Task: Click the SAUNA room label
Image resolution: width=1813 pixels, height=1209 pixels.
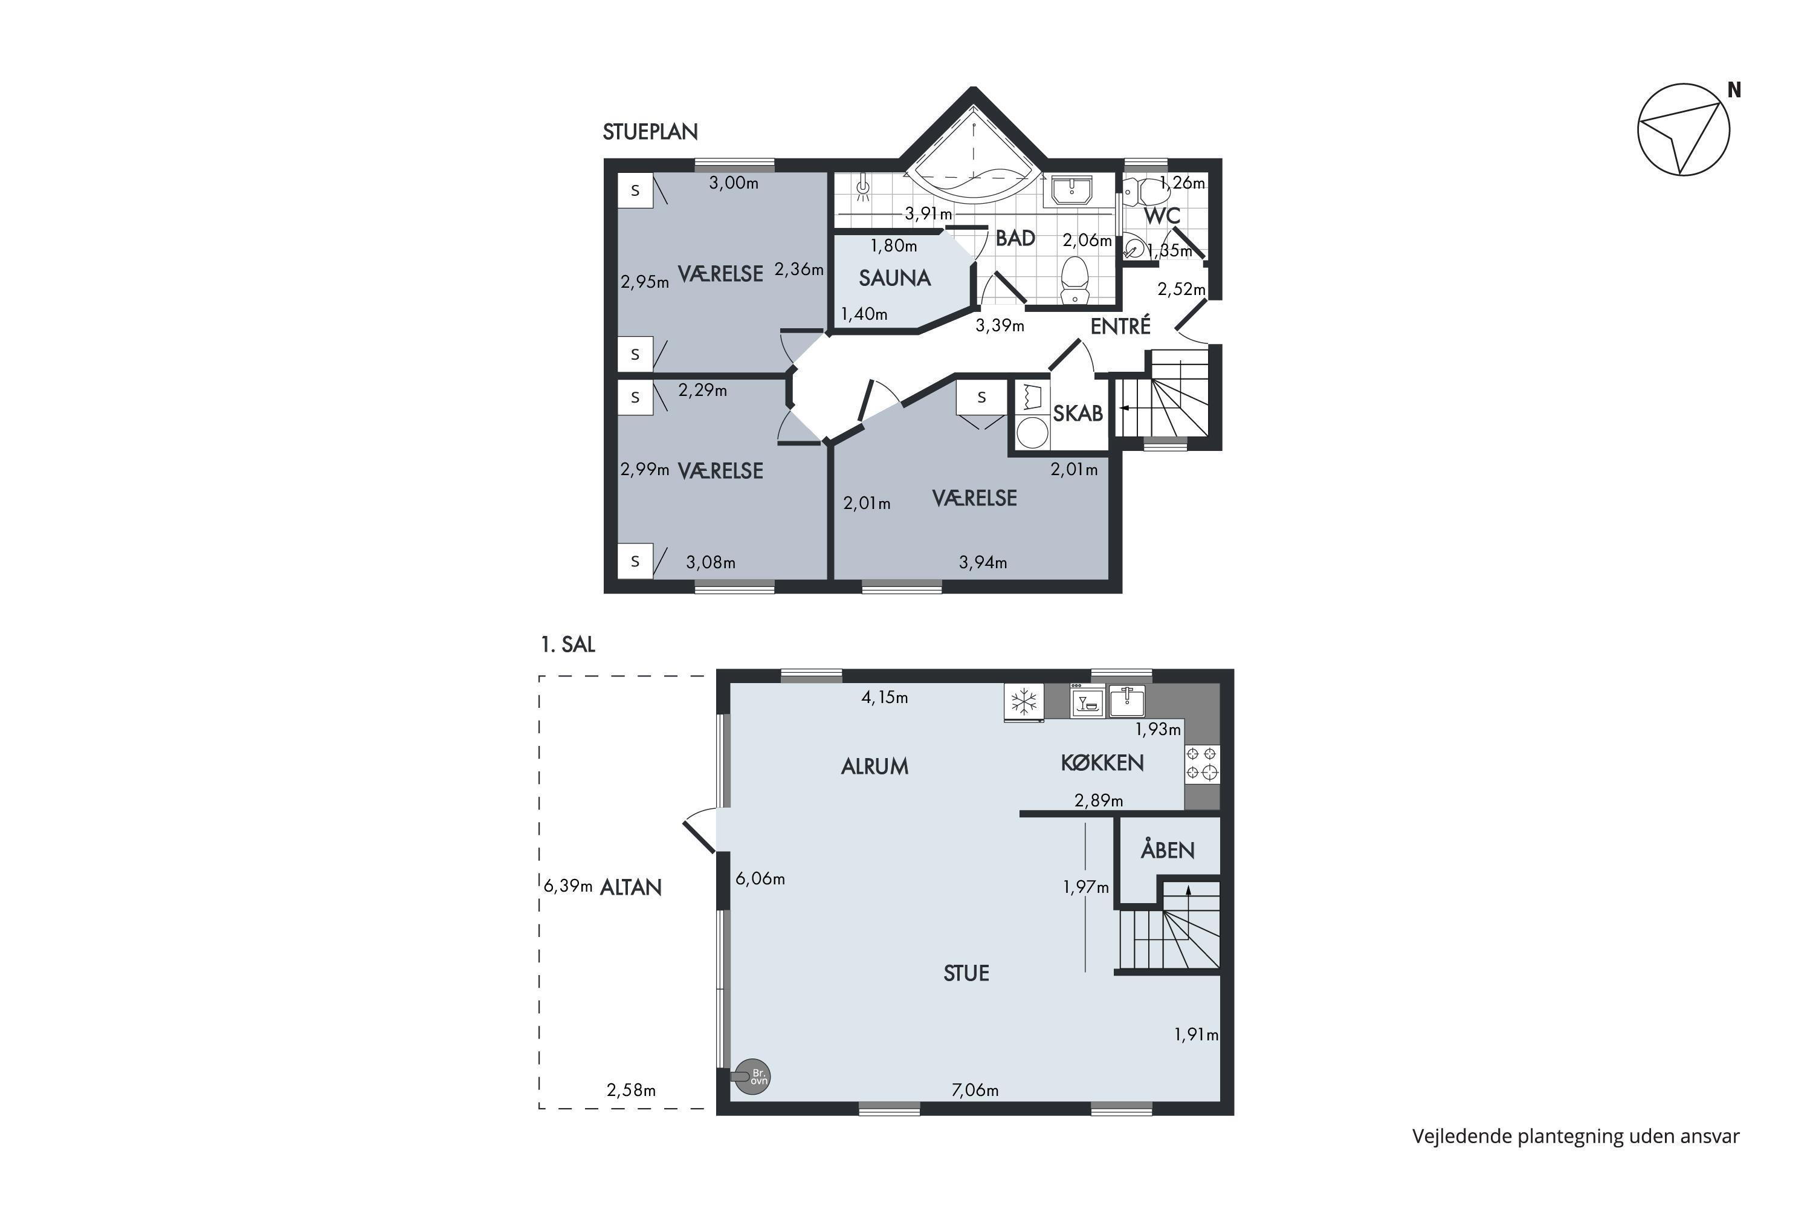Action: (895, 278)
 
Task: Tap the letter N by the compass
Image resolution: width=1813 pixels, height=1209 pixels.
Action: (1734, 90)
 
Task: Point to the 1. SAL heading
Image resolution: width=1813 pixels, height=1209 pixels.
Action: (568, 644)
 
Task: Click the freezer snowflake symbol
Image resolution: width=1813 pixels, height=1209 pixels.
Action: (1024, 702)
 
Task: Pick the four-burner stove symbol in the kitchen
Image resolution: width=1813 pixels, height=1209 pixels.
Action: (1203, 763)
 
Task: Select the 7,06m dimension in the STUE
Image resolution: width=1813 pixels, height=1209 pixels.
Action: (975, 1091)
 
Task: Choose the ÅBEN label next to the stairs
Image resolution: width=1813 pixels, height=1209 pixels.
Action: (1168, 850)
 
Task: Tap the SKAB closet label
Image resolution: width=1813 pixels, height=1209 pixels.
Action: (1078, 414)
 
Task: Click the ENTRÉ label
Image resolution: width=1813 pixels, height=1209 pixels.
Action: (1120, 326)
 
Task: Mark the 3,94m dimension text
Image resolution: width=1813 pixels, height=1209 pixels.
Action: (983, 563)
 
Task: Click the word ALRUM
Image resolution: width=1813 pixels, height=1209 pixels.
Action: (875, 767)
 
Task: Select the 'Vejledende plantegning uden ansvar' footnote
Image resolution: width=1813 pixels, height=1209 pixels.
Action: (1575, 1136)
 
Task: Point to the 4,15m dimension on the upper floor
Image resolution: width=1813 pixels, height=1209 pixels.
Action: (885, 698)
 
